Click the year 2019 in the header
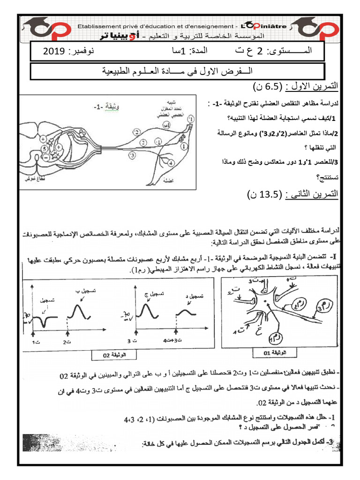tap(56, 51)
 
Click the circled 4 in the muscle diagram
tap(171, 162)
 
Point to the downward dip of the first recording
tap(45, 323)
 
